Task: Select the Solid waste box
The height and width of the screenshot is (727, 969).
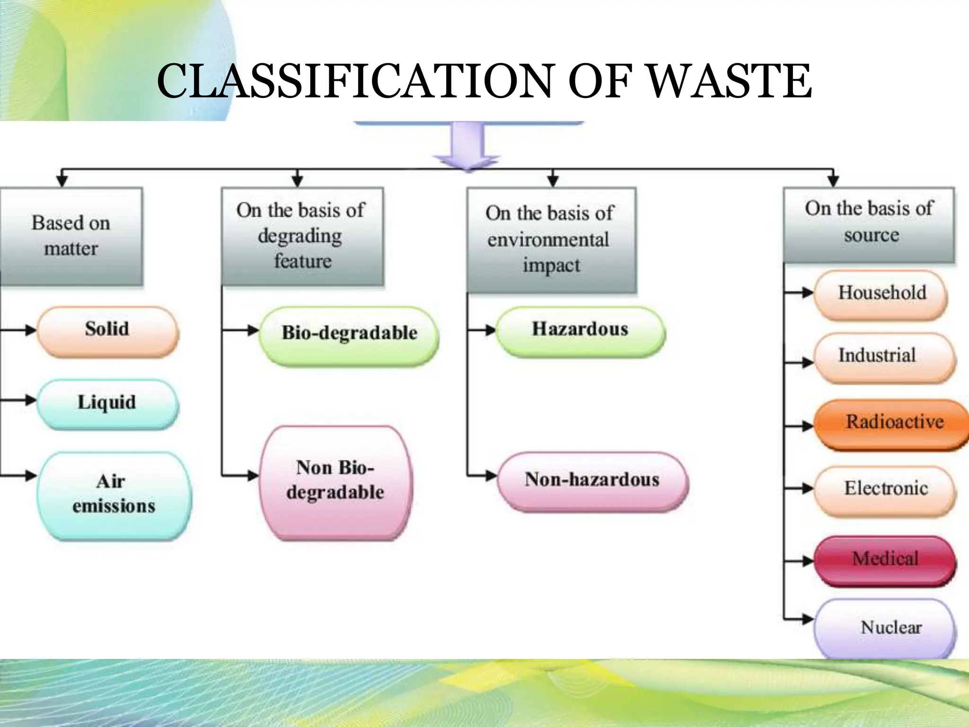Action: coord(107,331)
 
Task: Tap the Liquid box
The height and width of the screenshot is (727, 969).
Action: coord(107,404)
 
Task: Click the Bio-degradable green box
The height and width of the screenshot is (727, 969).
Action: coord(349,335)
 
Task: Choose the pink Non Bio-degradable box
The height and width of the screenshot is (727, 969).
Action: coord(335,481)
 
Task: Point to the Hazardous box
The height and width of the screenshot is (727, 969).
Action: coord(580,331)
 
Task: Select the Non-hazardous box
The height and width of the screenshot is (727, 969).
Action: coord(592,480)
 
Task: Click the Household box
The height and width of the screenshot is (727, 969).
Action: coord(881,294)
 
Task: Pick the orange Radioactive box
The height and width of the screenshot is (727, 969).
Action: coord(892,423)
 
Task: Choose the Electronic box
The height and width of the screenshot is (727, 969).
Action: coord(885,489)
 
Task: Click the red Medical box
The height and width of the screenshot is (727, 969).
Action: coord(885,559)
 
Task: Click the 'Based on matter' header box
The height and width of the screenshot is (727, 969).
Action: coord(71,236)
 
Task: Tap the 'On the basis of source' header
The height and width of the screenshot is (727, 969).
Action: coord(869,223)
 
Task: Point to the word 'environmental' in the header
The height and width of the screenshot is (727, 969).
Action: coord(548,239)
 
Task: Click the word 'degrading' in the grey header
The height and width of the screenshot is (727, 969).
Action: coord(300,236)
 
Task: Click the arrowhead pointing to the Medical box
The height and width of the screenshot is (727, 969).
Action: coord(808,561)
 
